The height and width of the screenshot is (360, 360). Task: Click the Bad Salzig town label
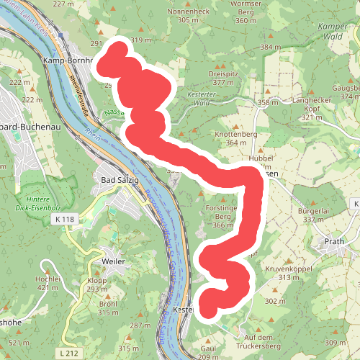pyautogui.click(x=117, y=180)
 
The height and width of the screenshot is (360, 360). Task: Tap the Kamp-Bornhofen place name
pyautogui.click(x=69, y=61)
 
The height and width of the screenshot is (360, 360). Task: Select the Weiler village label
pyautogui.click(x=114, y=260)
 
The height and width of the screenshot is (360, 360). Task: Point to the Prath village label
pyautogui.click(x=335, y=242)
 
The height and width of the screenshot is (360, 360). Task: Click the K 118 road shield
pyautogui.click(x=63, y=217)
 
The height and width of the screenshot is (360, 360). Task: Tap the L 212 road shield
pyautogui.click(x=69, y=352)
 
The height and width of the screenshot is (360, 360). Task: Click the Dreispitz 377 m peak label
pyautogui.click(x=222, y=78)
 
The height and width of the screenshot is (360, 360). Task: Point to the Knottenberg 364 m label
pyautogui.click(x=236, y=138)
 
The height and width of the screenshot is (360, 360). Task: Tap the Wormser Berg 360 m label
pyautogui.click(x=246, y=16)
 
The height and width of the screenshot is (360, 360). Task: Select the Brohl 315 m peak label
pyautogui.click(x=108, y=307)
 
